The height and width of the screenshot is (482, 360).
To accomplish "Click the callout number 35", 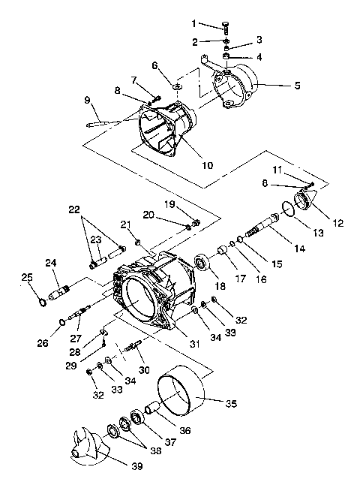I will (x=231, y=403).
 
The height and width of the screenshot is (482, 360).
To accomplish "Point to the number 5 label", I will (x=296, y=86).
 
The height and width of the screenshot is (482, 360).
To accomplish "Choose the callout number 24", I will (x=49, y=263).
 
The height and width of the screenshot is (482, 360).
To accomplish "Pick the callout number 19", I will (x=170, y=203).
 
